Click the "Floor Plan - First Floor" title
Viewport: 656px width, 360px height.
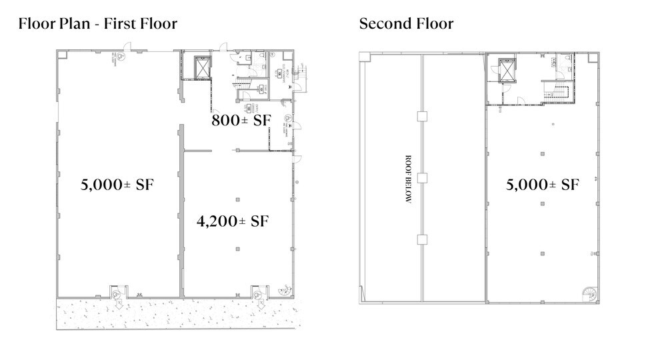98,25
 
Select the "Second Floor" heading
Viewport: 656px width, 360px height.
406,25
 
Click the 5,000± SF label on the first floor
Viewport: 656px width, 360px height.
117,185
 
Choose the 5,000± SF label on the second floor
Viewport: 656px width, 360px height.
541,185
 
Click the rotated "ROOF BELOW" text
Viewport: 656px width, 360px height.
407,180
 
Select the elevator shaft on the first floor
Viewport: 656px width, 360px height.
201,67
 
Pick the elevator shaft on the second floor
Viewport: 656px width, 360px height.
508,69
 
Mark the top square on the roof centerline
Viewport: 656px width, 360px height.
421,117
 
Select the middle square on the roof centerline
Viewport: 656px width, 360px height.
421,178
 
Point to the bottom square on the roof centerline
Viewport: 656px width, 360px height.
421,239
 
